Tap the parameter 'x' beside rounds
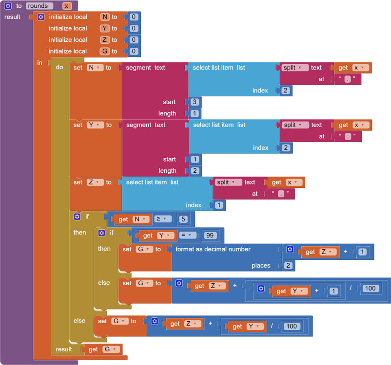[67, 6]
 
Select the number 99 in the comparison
[211, 236]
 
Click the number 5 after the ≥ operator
[183, 219]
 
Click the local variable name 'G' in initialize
[105, 51]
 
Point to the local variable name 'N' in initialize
[105, 17]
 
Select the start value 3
[195, 102]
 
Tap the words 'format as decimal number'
[213, 249]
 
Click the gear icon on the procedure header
[8, 6]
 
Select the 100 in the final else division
[292, 326]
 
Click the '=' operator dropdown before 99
[189, 236]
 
